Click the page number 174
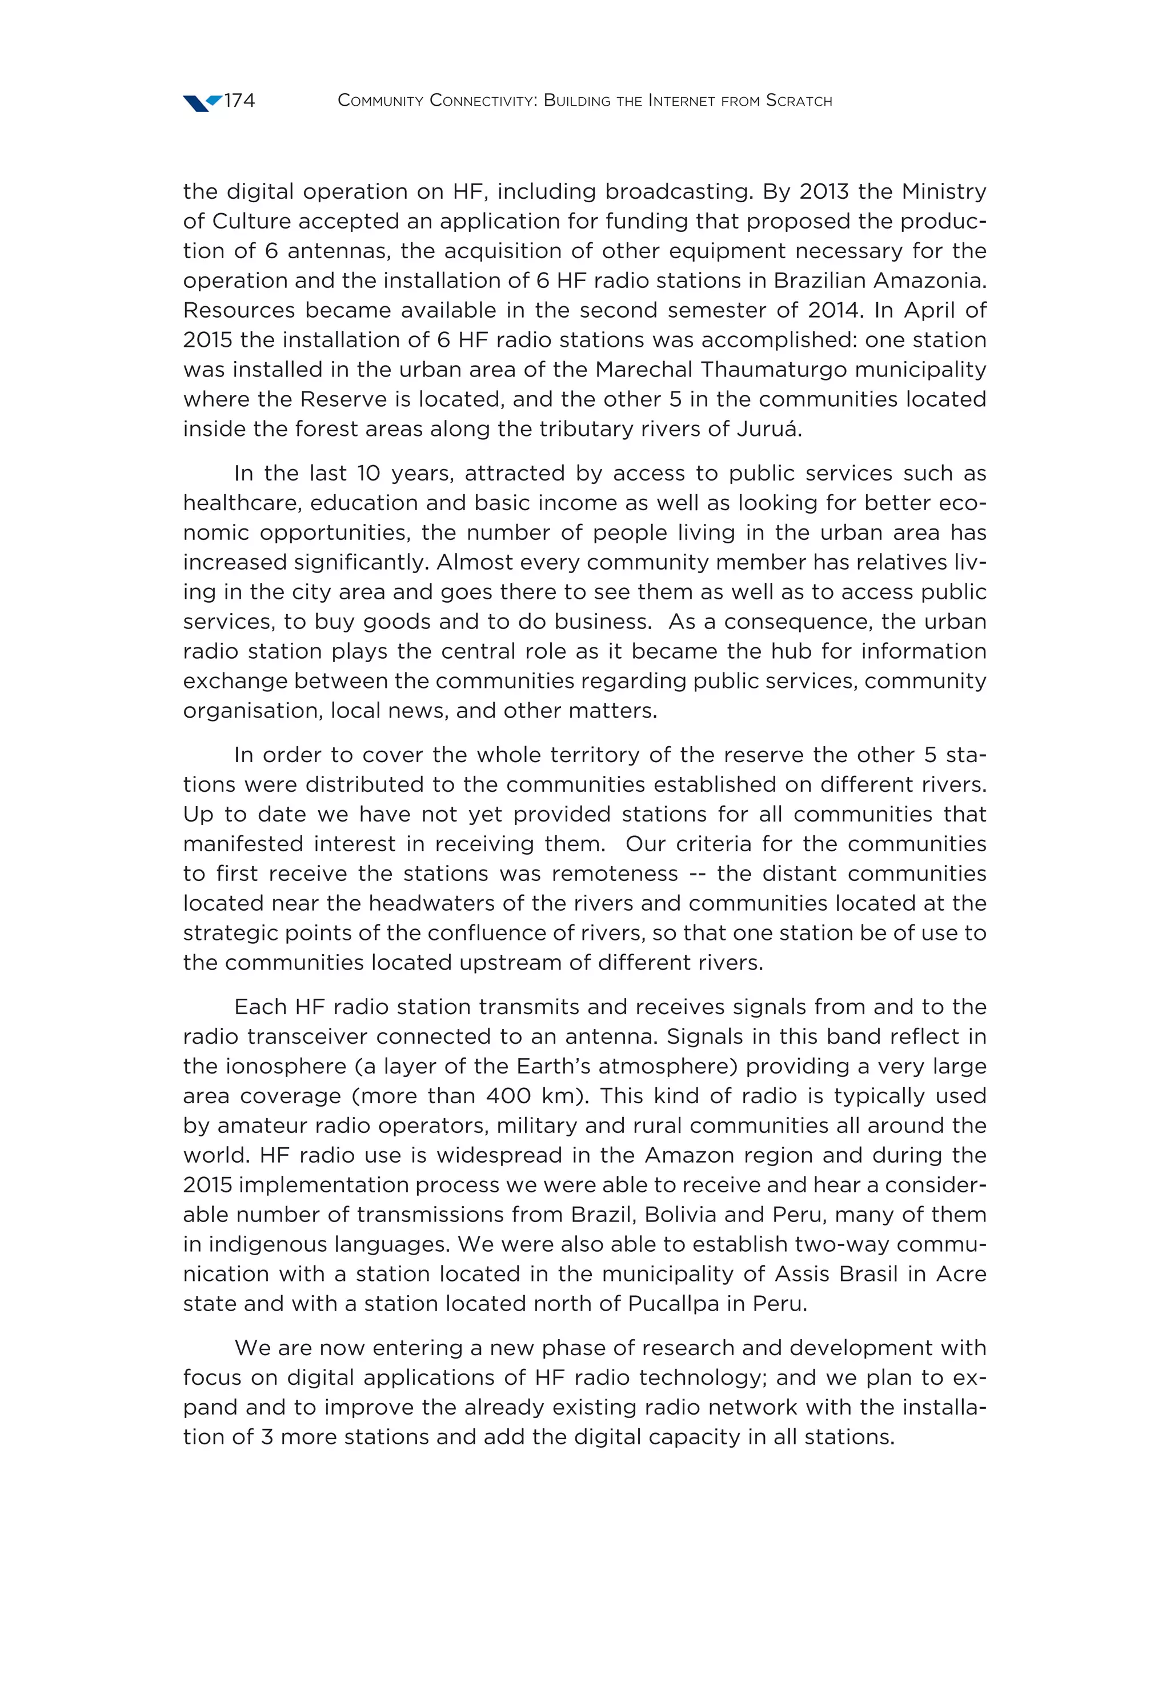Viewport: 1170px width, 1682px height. coord(239,101)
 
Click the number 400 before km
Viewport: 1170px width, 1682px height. coord(508,1096)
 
